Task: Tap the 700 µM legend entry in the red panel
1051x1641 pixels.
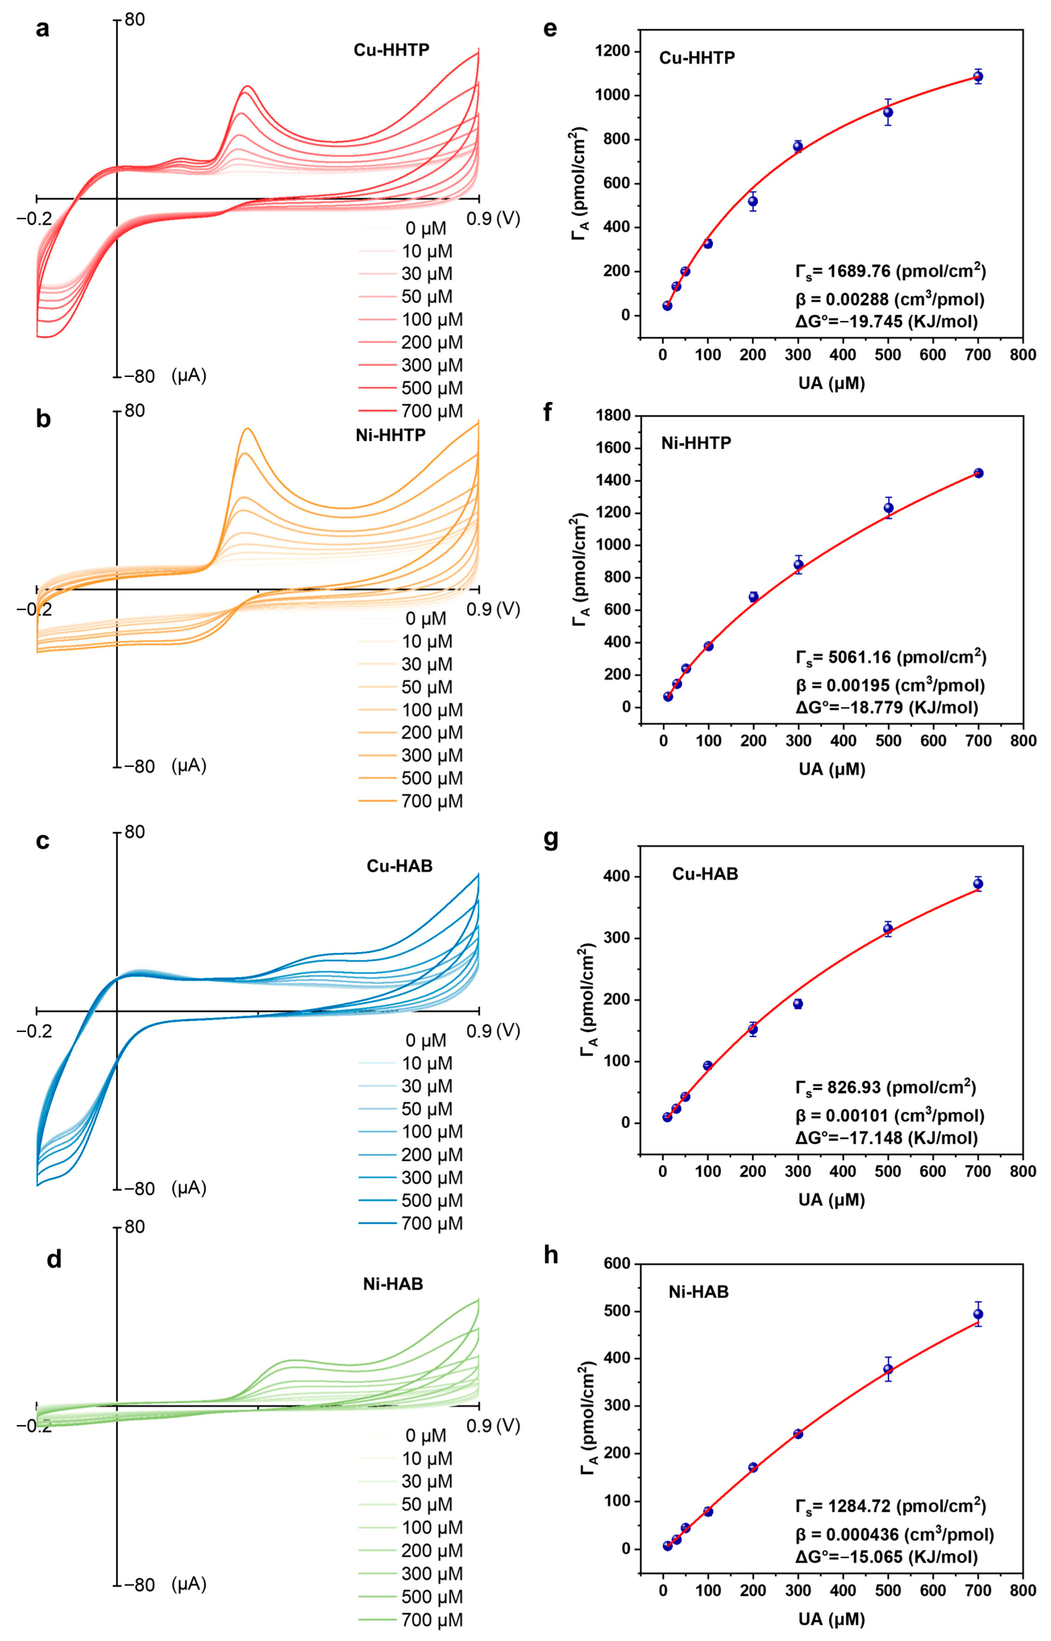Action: coord(431,411)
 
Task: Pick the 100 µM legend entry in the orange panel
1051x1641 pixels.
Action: coord(431,710)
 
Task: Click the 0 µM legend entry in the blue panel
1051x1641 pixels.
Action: coord(425,1040)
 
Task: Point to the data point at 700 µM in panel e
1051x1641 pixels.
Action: coord(978,76)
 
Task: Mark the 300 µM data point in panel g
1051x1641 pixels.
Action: coord(798,1003)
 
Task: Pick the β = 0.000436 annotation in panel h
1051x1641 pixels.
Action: coord(894,1534)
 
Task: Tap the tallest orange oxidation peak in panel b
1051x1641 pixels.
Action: coord(248,429)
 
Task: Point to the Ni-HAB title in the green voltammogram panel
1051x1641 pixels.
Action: coord(393,1284)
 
